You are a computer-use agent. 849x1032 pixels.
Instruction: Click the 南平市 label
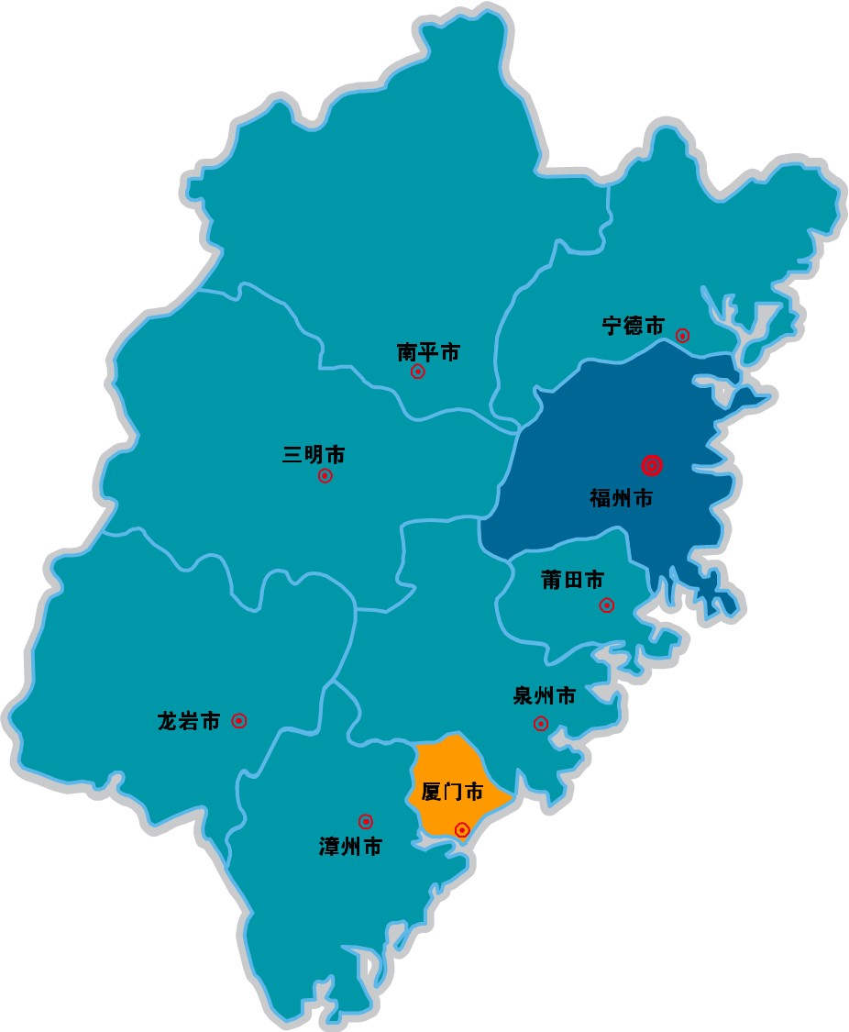[428, 352]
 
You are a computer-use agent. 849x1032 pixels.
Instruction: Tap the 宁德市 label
[634, 326]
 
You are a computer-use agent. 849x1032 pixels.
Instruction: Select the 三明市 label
[314, 455]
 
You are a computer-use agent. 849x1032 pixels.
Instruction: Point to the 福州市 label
[622, 499]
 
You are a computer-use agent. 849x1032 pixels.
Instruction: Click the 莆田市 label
[573, 580]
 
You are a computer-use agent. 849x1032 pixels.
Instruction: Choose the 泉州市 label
[545, 696]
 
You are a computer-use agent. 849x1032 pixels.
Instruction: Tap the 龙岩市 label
[189, 721]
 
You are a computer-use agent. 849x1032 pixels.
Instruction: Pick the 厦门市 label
[451, 792]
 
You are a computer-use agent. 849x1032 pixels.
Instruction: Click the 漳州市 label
[350, 847]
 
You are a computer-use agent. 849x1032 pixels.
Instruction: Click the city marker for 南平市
[418, 372]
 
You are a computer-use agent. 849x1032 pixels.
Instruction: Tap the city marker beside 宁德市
[683, 335]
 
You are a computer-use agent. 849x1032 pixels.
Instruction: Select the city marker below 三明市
[325, 476]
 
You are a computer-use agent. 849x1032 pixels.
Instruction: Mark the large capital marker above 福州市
[652, 466]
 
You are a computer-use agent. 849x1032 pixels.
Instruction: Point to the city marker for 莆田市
[606, 605]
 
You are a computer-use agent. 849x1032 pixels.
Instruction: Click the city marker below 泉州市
[541, 723]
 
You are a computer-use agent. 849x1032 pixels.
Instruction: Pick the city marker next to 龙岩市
[239, 721]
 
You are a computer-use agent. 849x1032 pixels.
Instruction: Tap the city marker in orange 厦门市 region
[462, 829]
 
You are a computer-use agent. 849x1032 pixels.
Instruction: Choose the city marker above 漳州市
[365, 821]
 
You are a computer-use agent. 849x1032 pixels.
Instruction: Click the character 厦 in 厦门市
[431, 792]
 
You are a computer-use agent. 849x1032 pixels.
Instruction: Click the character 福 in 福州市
[601, 499]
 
